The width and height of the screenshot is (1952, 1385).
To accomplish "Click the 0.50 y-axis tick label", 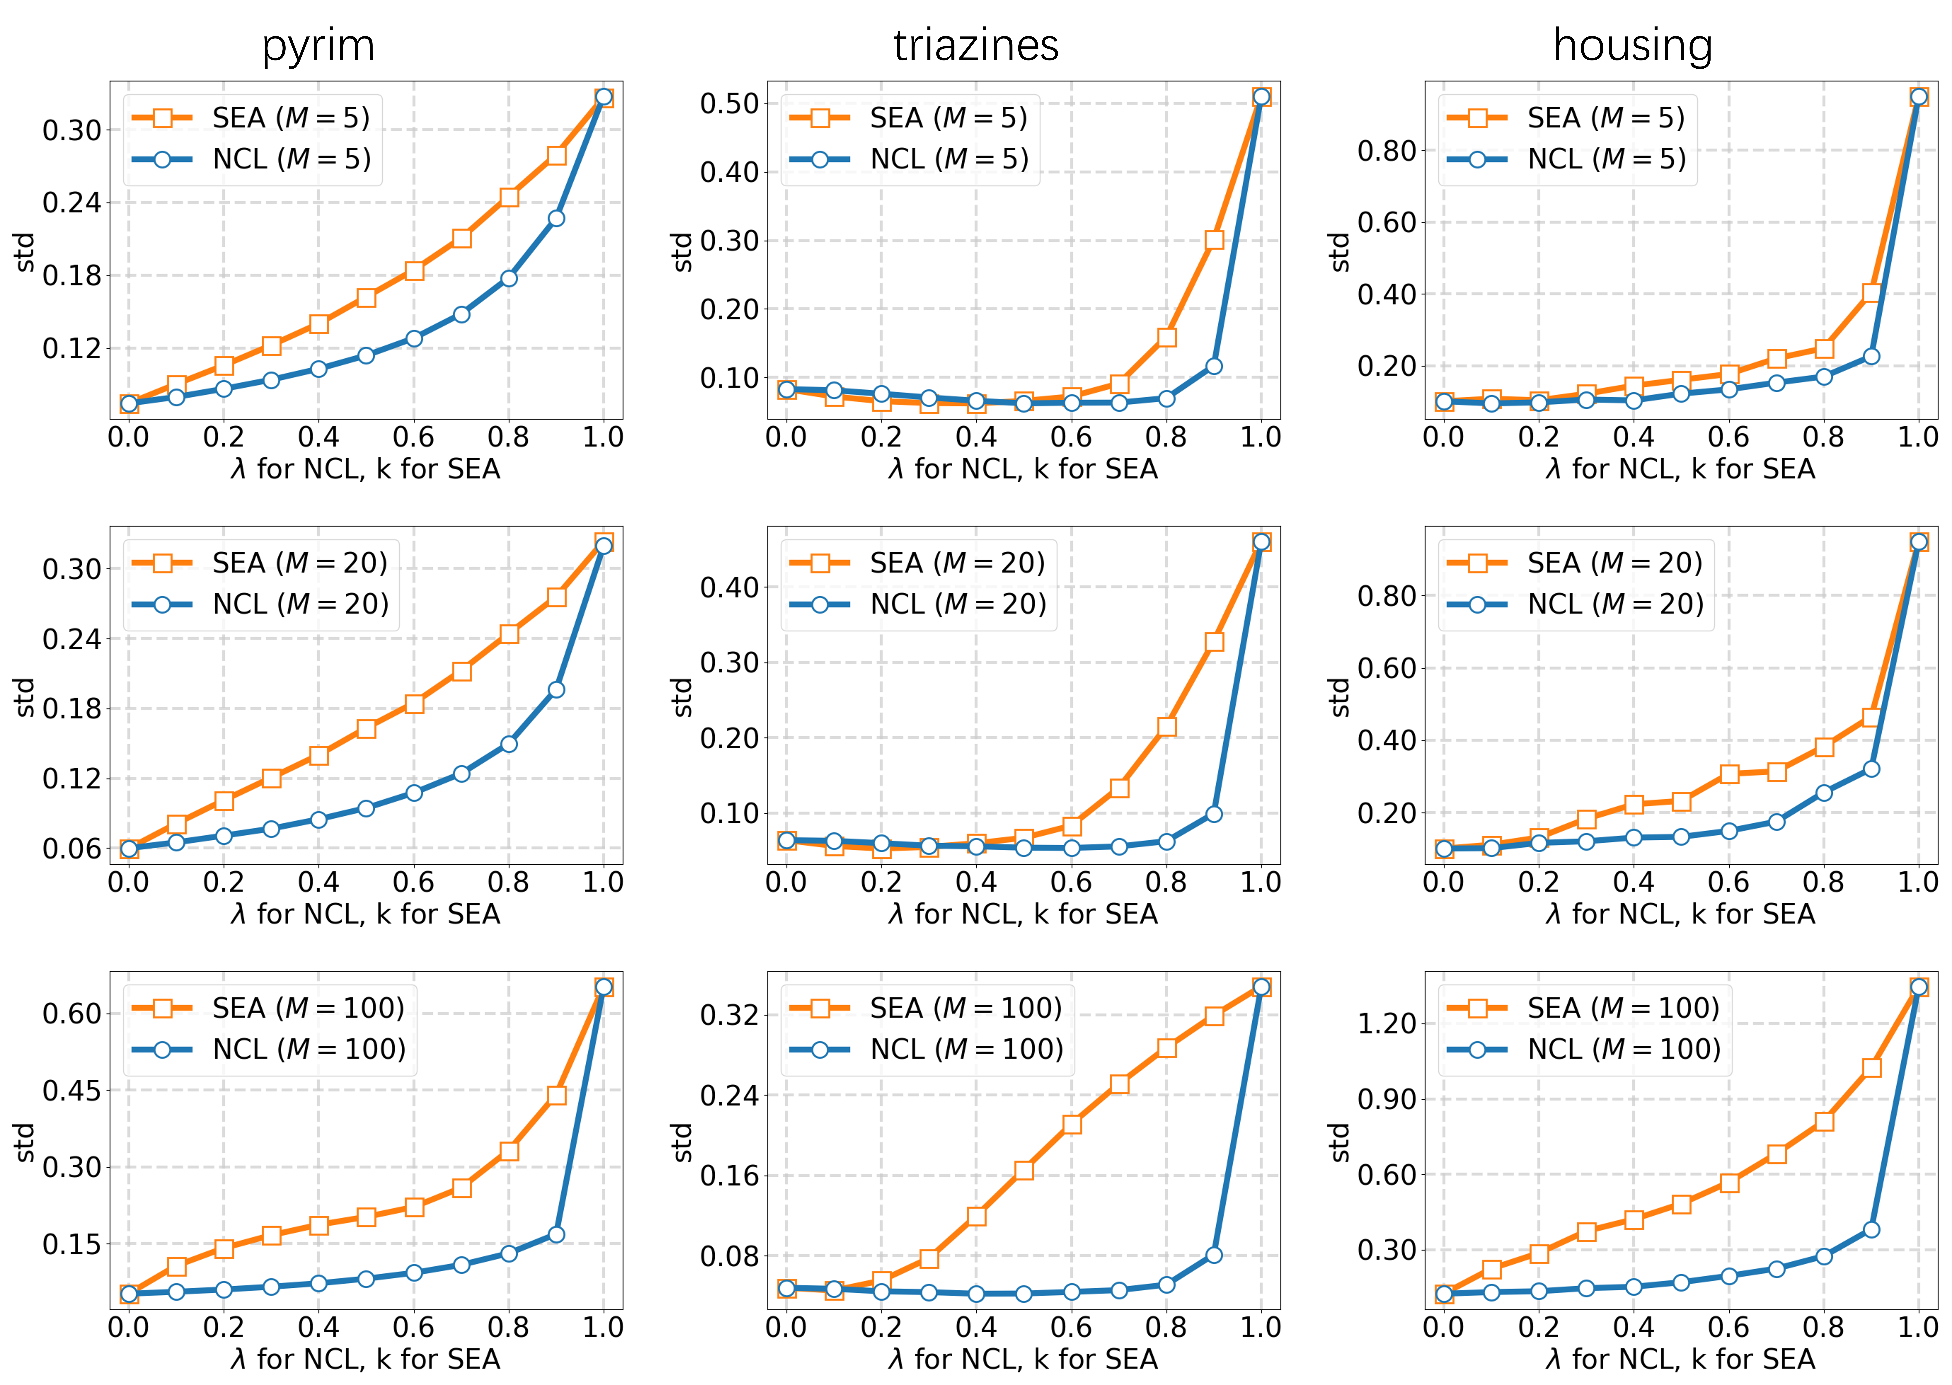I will click(729, 104).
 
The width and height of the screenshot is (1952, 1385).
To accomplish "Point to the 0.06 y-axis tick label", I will click(72, 848).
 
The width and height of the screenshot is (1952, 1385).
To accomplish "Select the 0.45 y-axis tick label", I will click(72, 1091).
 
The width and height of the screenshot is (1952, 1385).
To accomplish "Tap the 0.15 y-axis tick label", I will click(72, 1244).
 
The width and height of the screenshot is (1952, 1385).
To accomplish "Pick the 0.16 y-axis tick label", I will click(729, 1176).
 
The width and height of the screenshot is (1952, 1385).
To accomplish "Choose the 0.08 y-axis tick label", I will click(729, 1256).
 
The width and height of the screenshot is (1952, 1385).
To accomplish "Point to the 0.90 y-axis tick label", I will click(1387, 1099).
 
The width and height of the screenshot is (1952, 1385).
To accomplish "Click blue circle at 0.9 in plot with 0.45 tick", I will click(556, 1234).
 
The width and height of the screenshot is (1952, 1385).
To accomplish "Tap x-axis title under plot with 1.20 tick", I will click(1680, 1359).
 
